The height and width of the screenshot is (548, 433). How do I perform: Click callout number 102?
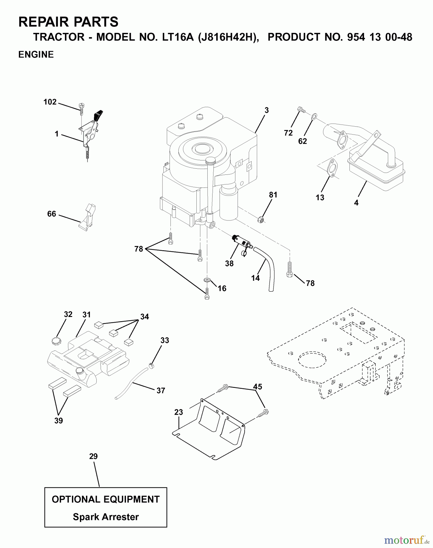50,102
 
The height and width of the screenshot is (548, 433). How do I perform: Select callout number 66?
52,214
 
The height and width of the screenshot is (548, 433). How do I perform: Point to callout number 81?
273,195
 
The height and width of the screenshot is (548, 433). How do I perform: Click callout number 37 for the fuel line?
161,390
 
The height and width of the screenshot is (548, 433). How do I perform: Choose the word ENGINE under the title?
36,54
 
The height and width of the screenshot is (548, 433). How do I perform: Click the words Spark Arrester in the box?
106,517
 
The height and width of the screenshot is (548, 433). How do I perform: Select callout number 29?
93,456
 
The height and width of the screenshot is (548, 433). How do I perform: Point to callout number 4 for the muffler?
356,202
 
